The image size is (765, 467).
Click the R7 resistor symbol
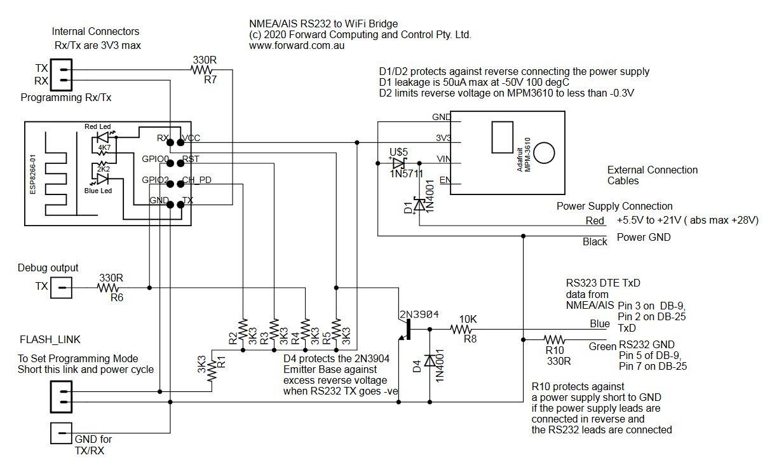pyautogui.click(x=201, y=70)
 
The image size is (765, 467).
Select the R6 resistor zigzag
pyautogui.click(x=108, y=288)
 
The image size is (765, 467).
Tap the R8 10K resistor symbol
pyautogui.click(x=461, y=329)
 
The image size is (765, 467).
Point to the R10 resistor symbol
pyautogui.click(x=554, y=339)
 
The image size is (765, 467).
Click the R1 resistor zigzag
pyautogui.click(x=212, y=370)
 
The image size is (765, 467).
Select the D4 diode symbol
pyautogui.click(x=430, y=360)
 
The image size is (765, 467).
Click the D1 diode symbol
pyautogui.click(x=419, y=205)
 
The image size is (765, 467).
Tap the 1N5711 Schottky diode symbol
pyautogui.click(x=398, y=163)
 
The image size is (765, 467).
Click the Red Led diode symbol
pyautogui.click(x=102, y=137)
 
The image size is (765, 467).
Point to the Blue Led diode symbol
pyautogui.click(x=102, y=179)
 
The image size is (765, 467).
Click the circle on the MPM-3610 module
pyautogui.click(x=544, y=152)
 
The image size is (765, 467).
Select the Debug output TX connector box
pyautogui.click(x=61, y=288)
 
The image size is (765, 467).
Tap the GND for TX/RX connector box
pyautogui.click(x=61, y=433)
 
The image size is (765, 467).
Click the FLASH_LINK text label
pyautogui.click(x=50, y=339)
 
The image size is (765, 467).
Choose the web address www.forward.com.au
pyautogui.click(x=297, y=46)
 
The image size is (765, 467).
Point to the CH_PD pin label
pyautogui.click(x=197, y=180)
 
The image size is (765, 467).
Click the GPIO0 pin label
pyautogui.click(x=156, y=159)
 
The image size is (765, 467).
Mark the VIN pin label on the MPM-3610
pyautogui.click(x=444, y=159)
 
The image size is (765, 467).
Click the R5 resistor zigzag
pyautogui.click(x=336, y=329)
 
